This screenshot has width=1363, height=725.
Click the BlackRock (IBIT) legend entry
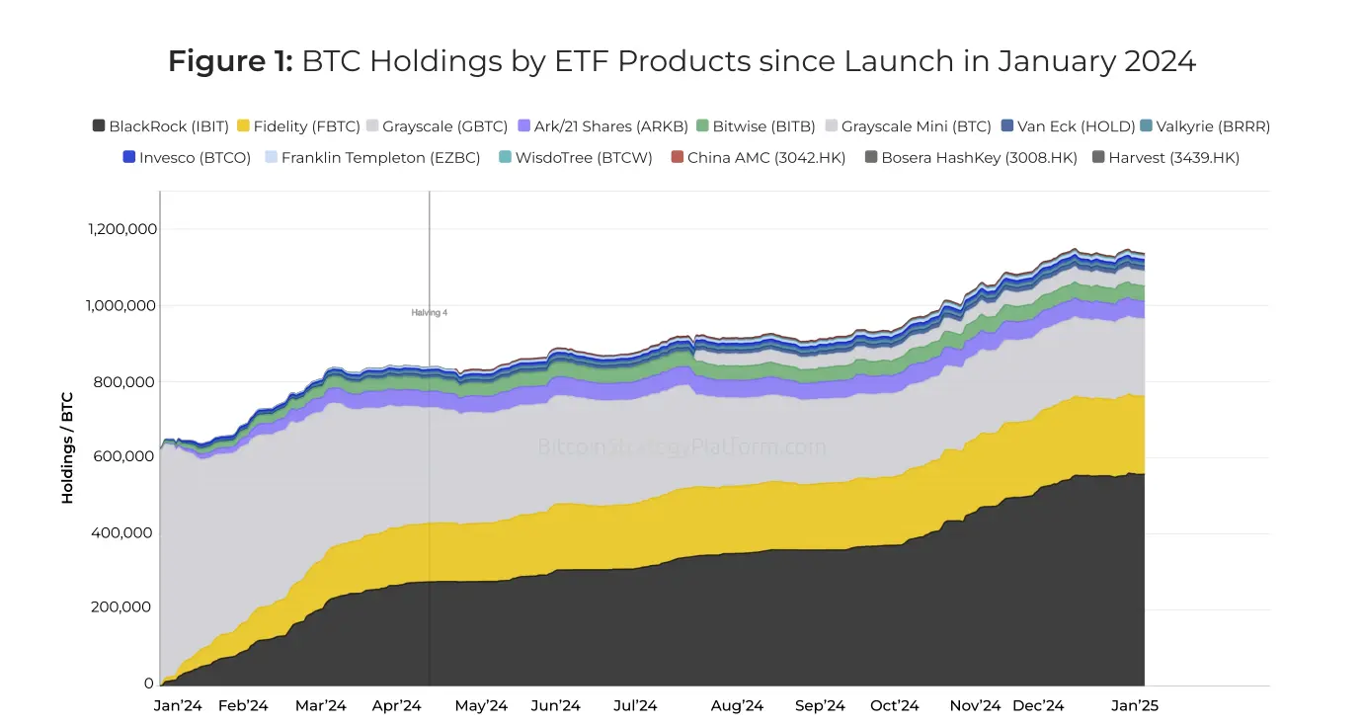coord(161,126)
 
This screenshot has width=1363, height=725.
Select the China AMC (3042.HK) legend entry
coord(758,157)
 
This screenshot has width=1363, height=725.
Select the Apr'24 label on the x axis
coord(397,705)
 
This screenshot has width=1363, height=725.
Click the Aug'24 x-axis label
coord(738,705)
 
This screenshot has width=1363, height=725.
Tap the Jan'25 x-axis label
coord(1134,705)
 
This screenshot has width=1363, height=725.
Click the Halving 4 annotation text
coord(430,312)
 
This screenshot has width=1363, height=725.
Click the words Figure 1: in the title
coord(230,61)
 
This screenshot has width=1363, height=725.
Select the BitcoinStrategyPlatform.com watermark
coord(681,446)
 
